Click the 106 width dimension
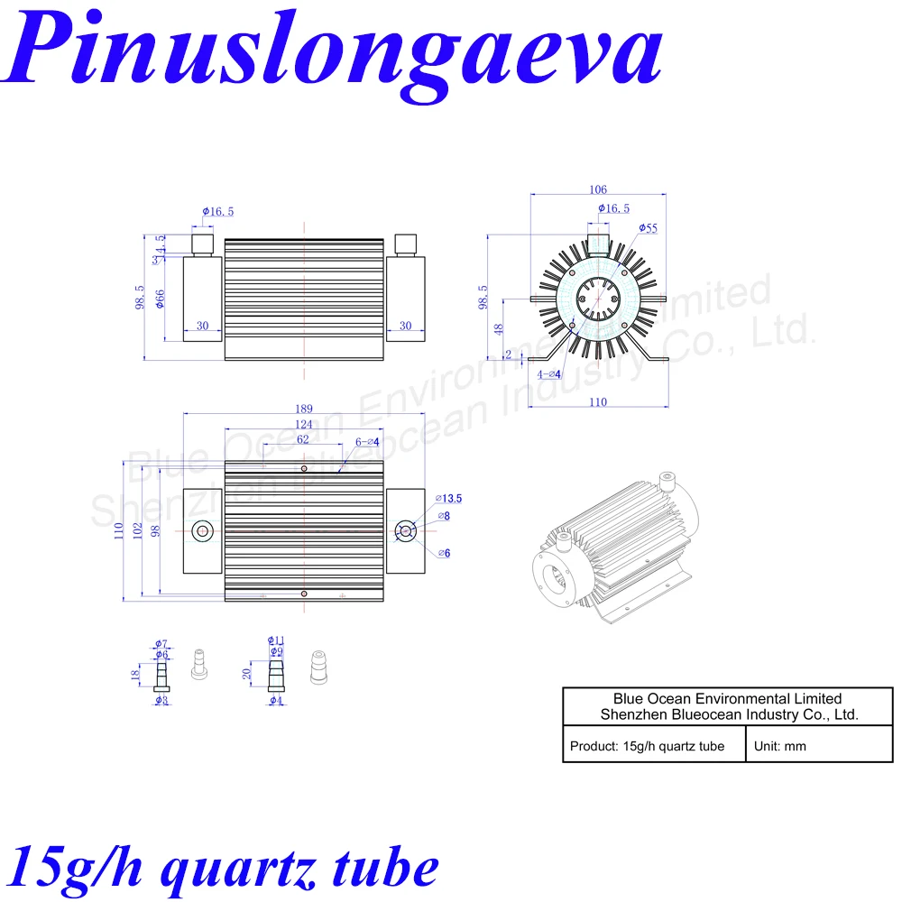(x=597, y=189)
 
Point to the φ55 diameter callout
(x=647, y=229)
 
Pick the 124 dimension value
(x=304, y=425)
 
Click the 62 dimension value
(x=303, y=440)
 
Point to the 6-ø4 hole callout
(x=367, y=442)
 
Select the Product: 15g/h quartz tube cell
(x=647, y=746)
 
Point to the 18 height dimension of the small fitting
(x=134, y=675)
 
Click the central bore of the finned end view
(x=598, y=298)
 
